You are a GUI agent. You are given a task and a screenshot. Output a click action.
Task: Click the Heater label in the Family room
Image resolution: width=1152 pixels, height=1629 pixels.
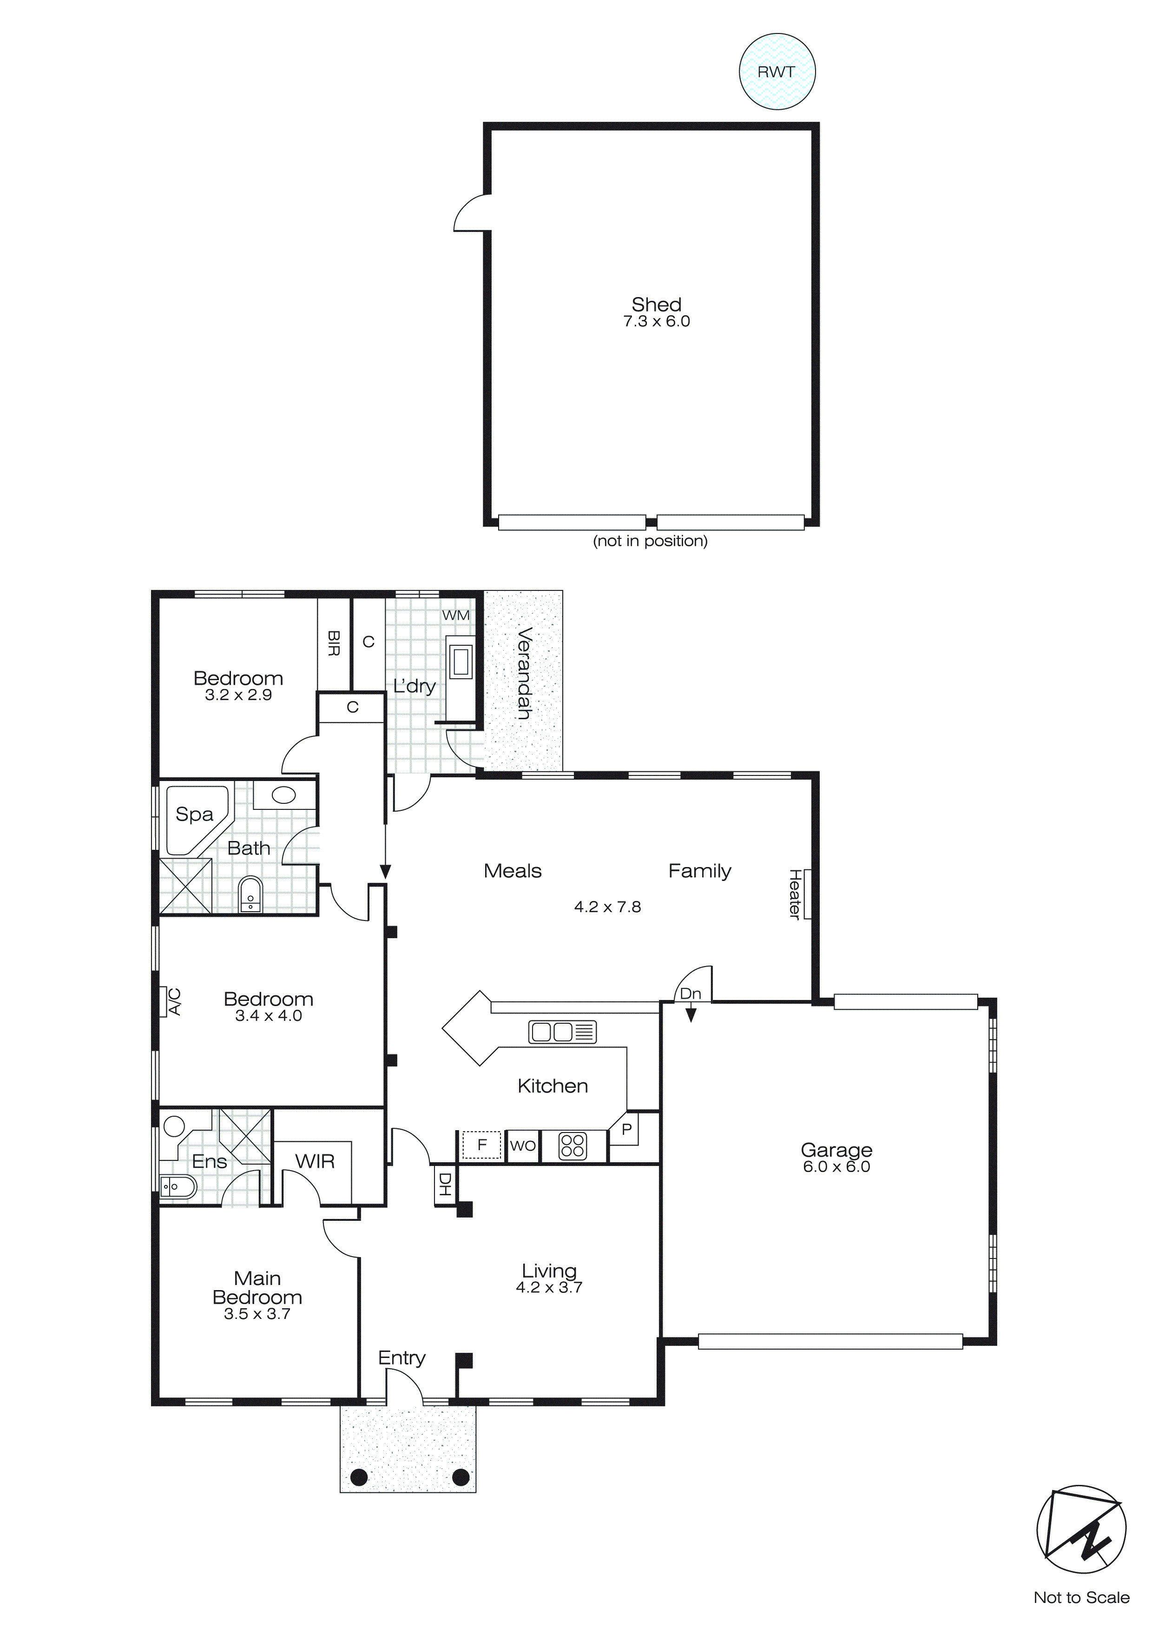point(795,894)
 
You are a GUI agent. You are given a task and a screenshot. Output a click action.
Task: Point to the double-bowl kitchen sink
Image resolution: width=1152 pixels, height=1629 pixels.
point(562,1032)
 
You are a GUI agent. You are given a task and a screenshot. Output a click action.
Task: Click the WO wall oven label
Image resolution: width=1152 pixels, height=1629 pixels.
point(523,1146)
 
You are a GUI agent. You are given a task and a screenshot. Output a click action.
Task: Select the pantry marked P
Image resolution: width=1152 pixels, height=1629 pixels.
point(626,1130)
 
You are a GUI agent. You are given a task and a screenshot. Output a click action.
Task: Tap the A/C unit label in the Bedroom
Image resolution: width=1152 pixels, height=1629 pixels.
point(174,1002)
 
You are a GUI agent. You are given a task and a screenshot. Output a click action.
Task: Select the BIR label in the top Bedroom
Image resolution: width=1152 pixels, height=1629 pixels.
point(333,643)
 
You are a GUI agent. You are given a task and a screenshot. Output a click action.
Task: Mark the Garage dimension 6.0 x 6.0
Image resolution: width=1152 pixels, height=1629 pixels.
point(836,1167)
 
